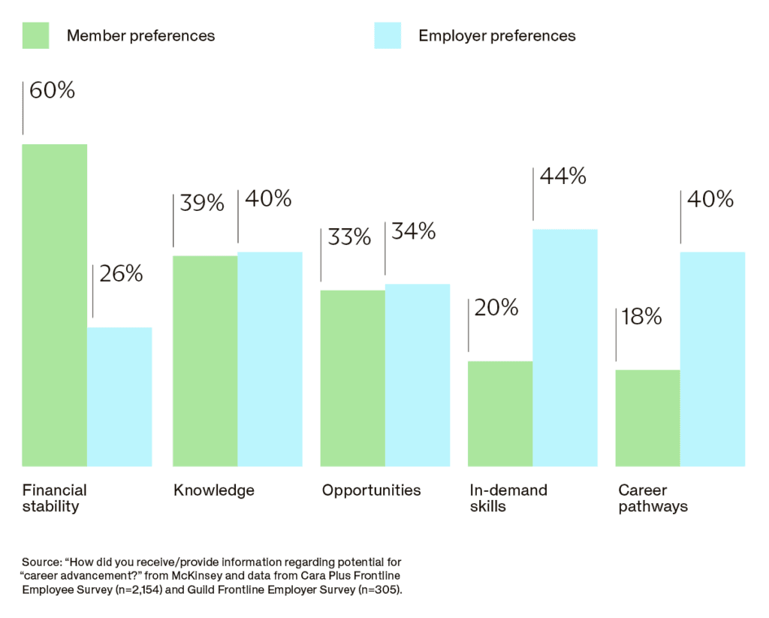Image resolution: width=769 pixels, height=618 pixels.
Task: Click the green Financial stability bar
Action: (x=55, y=305)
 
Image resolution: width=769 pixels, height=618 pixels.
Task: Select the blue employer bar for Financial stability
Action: (x=119, y=396)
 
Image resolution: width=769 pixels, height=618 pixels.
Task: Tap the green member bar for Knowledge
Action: (x=206, y=360)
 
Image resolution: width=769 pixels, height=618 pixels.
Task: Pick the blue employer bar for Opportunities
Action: (x=418, y=375)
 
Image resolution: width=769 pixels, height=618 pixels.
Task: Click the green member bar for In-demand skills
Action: (x=500, y=414)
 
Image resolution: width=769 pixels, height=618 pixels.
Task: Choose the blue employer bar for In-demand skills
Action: (x=565, y=348)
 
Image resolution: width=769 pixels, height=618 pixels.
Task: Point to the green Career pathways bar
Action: (x=647, y=418)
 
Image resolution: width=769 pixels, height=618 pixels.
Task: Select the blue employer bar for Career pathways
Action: (x=713, y=359)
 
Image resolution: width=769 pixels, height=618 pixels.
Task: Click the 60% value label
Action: (x=52, y=91)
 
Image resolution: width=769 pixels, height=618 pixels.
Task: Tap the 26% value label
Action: (x=121, y=274)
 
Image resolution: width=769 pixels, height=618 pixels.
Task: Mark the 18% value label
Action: (x=641, y=317)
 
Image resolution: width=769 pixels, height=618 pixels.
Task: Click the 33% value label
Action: (x=349, y=237)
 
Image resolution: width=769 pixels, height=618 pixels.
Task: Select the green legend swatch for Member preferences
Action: (x=36, y=35)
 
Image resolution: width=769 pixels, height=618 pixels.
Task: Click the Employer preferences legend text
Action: (x=496, y=35)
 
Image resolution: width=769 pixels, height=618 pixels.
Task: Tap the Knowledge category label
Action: (x=214, y=490)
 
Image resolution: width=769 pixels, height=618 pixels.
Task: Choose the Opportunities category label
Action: (x=371, y=490)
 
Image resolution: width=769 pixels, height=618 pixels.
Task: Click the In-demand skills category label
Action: (x=508, y=498)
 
